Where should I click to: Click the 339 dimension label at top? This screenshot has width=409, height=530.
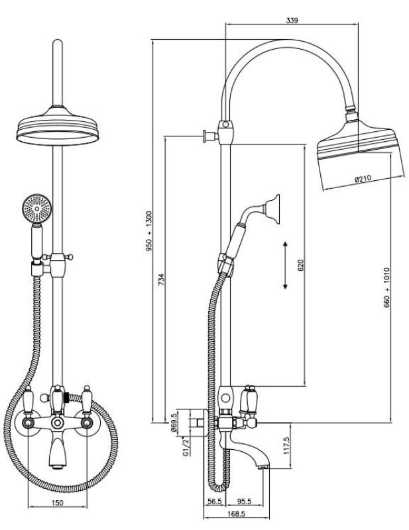(292, 21)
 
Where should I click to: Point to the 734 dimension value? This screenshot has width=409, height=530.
(161, 278)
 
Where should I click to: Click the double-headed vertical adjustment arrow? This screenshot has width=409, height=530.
(285, 265)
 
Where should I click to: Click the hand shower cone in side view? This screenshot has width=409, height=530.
(271, 207)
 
